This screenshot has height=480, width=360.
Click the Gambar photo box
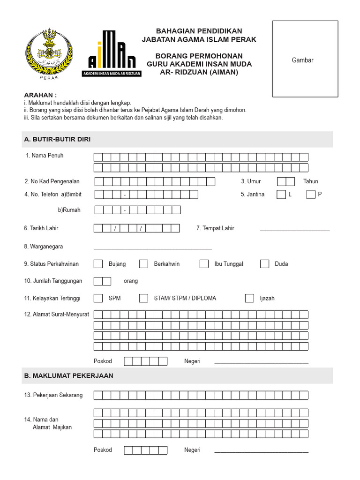click(x=305, y=59)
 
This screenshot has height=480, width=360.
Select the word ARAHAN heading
click(x=40, y=95)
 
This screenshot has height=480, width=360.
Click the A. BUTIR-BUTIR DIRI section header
click(x=57, y=139)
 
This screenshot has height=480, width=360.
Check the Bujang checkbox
click(x=98, y=264)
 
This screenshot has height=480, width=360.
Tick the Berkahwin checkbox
click(x=143, y=264)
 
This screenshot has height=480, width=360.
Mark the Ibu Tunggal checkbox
click(x=204, y=264)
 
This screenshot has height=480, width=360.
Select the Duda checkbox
click(x=264, y=264)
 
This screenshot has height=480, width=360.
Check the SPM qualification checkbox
click(x=98, y=298)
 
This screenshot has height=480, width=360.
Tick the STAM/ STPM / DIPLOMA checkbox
click(x=143, y=298)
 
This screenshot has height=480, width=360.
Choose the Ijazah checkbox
click(x=249, y=298)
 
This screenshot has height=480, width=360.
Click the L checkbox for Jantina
click(x=281, y=195)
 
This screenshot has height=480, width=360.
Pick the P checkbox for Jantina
click(x=311, y=195)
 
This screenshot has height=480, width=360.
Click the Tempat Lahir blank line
click(x=294, y=229)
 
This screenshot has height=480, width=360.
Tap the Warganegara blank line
click(x=153, y=247)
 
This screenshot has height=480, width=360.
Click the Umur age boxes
click(x=285, y=181)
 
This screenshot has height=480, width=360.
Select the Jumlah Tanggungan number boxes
click(x=102, y=281)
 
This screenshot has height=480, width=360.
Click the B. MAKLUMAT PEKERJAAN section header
click(x=68, y=376)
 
